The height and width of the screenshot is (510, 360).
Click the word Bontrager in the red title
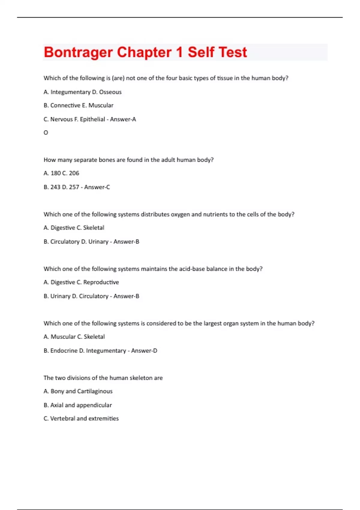(78, 52)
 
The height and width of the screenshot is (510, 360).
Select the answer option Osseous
(110, 92)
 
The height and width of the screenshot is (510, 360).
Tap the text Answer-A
(123, 119)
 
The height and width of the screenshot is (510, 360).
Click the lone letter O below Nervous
(46, 133)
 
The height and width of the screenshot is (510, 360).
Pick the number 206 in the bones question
(74, 173)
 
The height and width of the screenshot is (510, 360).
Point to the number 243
(55, 187)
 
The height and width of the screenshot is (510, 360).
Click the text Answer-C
(97, 187)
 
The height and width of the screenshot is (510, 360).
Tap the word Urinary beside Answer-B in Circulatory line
(98, 242)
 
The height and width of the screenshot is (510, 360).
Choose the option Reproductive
(101, 282)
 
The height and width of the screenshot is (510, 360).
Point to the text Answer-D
(144, 351)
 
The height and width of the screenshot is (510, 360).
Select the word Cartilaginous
(95, 391)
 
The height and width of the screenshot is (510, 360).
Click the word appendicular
(94, 405)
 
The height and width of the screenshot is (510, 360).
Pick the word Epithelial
(92, 119)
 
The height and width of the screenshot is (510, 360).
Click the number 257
(74, 187)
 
